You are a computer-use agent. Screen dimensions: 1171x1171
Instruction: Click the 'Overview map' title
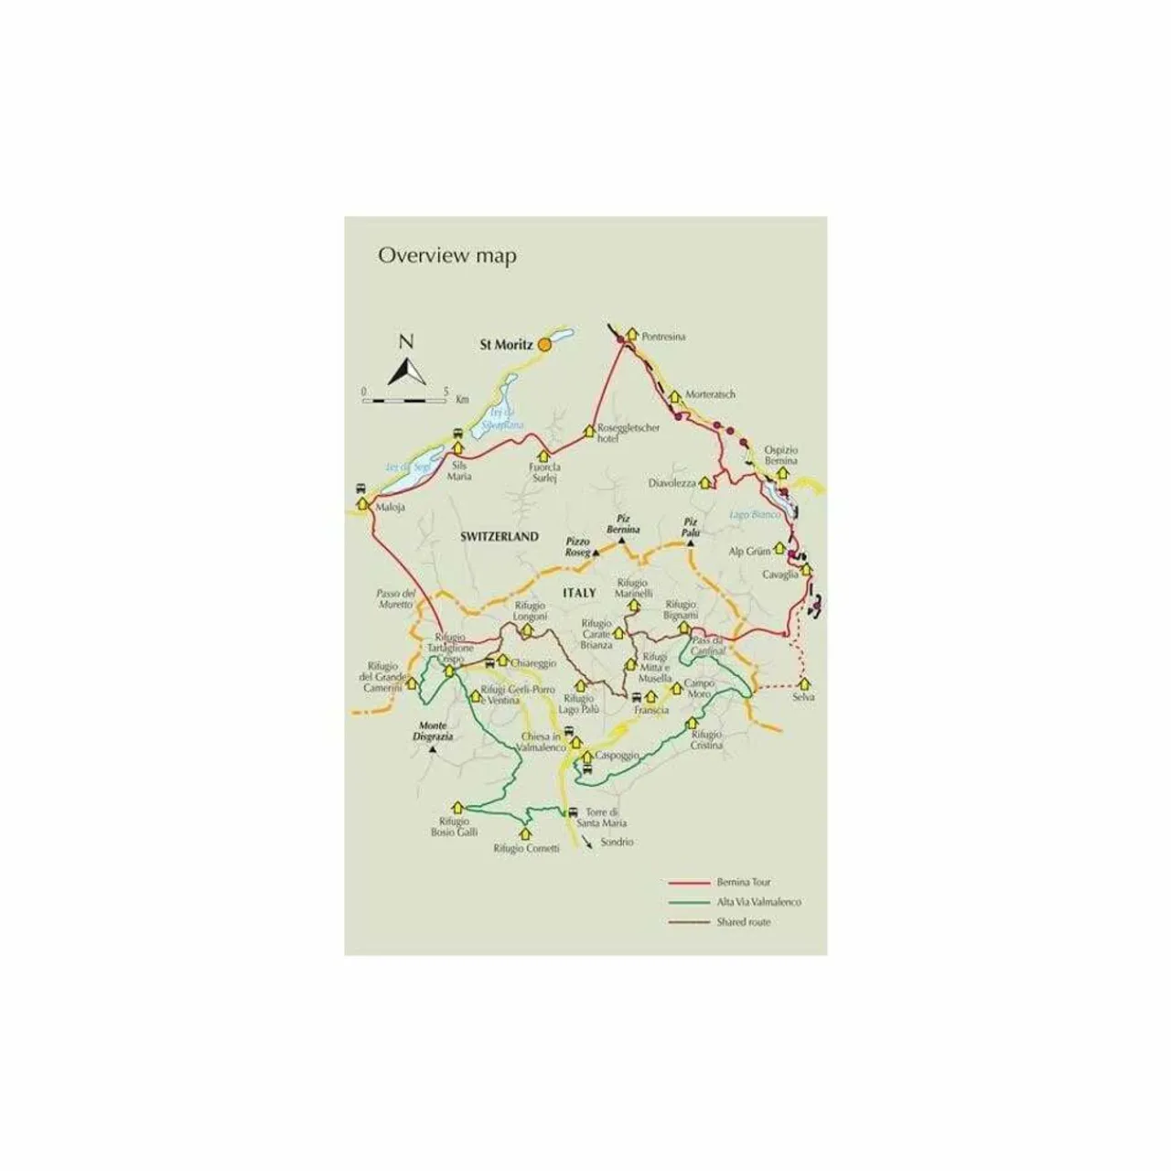(x=446, y=255)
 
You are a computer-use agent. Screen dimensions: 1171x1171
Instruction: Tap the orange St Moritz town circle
(x=543, y=345)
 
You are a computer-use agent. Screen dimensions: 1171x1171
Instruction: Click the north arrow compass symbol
(x=406, y=362)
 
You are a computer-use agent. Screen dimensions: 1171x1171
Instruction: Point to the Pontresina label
(x=663, y=337)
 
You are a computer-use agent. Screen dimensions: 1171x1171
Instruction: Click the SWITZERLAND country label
(x=500, y=537)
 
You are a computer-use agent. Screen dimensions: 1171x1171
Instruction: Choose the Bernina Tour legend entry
(x=745, y=882)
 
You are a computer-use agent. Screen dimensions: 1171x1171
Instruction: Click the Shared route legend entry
(x=744, y=922)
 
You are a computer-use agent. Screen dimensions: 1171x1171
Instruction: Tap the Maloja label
(x=390, y=506)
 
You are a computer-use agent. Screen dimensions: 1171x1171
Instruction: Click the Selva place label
(x=803, y=697)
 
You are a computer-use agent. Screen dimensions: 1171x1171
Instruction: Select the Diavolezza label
(x=673, y=483)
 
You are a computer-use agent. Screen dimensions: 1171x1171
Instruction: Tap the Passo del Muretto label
(x=396, y=598)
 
